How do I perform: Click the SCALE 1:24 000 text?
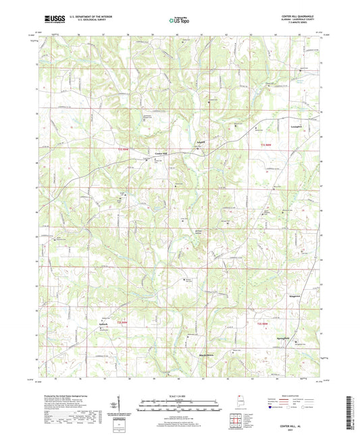coord(180,396)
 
